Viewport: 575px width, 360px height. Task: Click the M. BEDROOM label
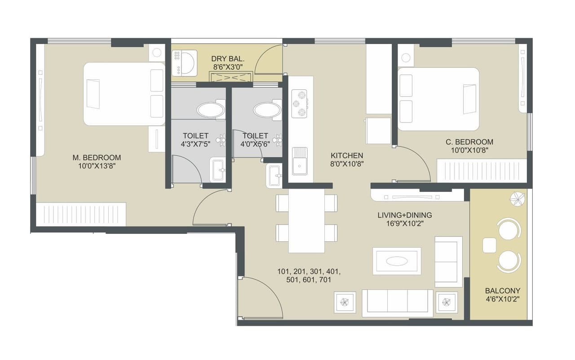97,158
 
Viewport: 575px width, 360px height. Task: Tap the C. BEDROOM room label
469,142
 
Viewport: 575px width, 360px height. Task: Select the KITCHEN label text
346,156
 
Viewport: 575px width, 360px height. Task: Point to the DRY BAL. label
228,59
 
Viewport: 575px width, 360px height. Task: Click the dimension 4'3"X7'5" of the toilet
195,144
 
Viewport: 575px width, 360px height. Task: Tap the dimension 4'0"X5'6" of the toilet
255,144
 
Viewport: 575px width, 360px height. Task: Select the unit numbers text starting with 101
309,276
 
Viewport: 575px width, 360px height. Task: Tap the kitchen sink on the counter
300,160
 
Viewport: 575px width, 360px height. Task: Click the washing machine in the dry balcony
184,63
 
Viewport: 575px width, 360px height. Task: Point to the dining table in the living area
306,220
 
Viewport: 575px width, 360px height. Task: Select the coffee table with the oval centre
397,261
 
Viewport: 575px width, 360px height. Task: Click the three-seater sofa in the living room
398,303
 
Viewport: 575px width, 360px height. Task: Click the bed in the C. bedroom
438,99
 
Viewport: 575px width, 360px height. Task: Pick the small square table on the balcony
489,245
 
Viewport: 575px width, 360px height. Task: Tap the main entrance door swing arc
261,297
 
